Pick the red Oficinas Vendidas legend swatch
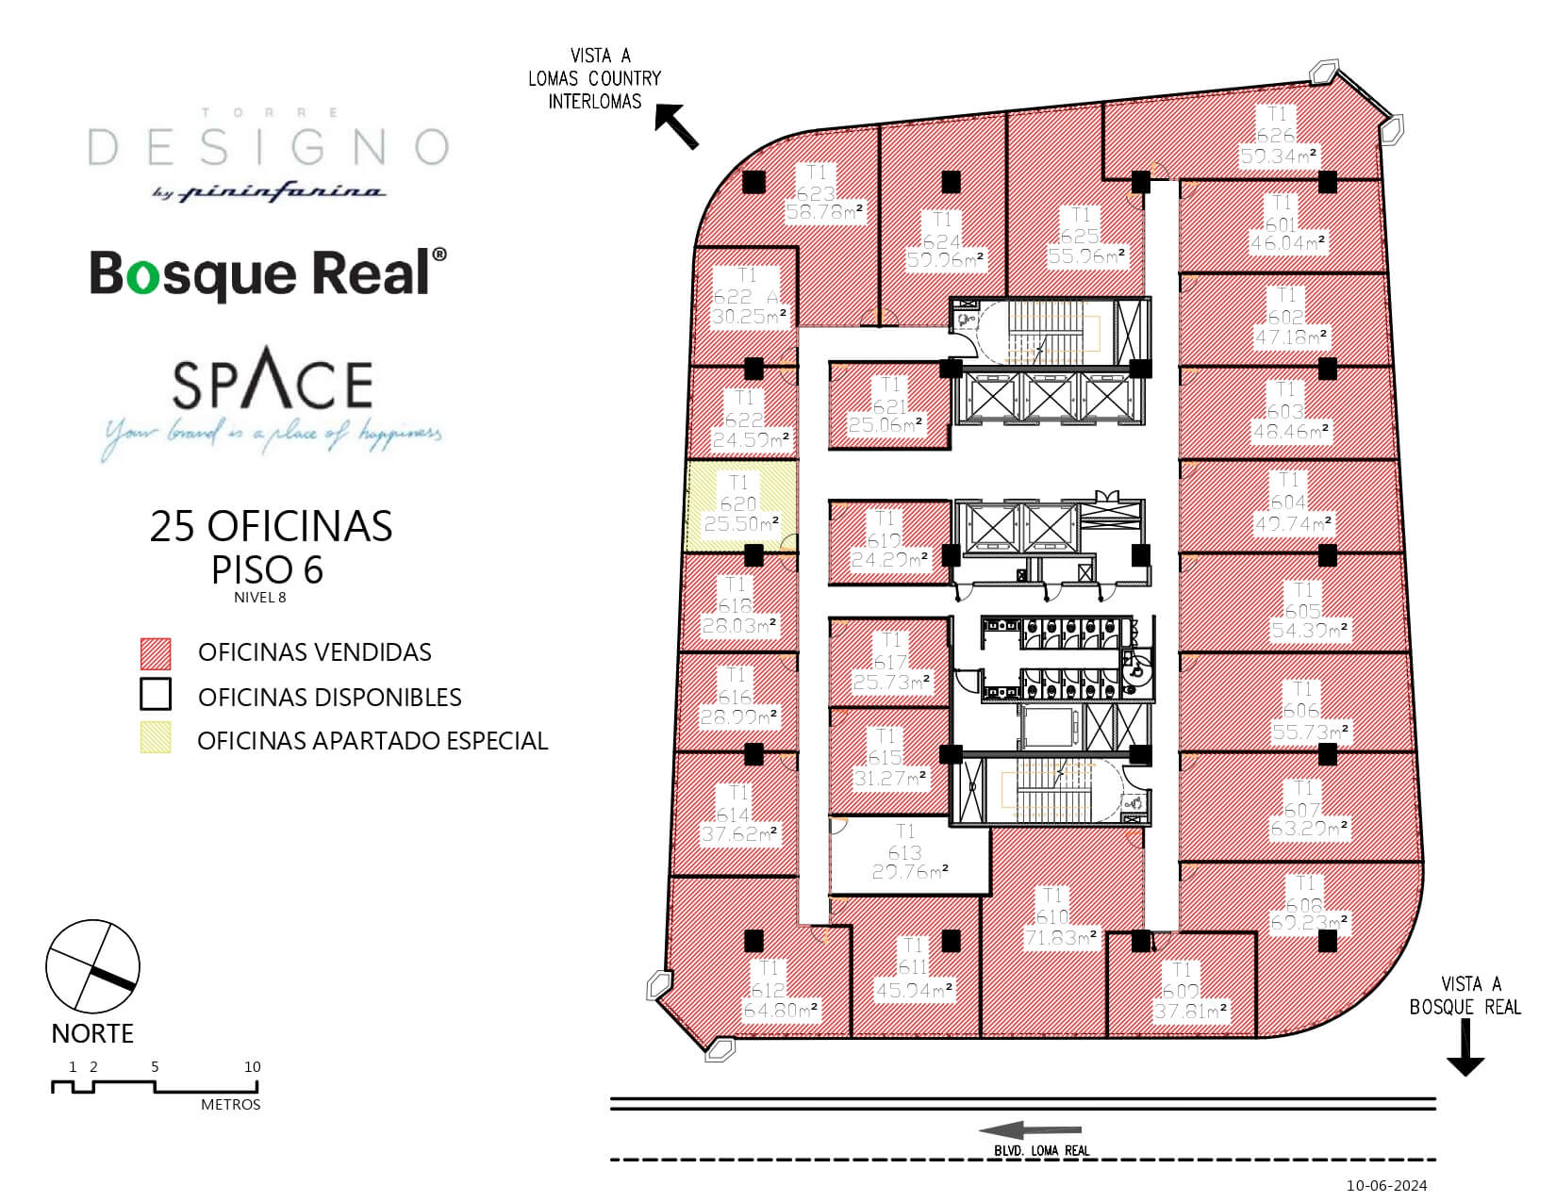[x=156, y=652]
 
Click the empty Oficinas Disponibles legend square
[x=156, y=696]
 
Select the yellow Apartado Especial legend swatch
[x=156, y=738]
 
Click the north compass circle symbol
[x=92, y=968]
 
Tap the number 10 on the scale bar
[x=252, y=1067]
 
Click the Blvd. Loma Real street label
[x=1042, y=1150]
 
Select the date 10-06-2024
[x=1387, y=1185]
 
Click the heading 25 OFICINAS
[x=271, y=527]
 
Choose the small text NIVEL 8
[x=259, y=596]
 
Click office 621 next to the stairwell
[x=888, y=405]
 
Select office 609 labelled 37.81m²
[x=1181, y=990]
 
